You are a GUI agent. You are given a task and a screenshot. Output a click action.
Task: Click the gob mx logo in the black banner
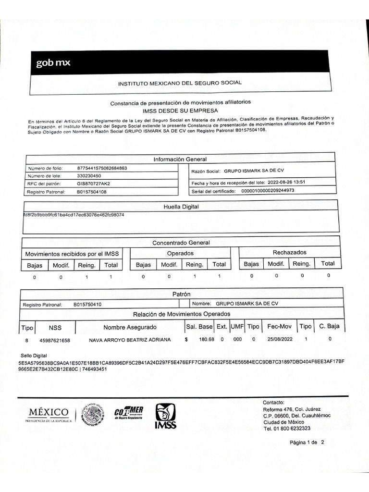pyautogui.click(x=53, y=63)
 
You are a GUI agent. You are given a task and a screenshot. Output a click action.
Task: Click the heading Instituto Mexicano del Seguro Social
pyautogui.click(x=180, y=83)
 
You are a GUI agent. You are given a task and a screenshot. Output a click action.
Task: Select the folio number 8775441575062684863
pyautogui.click(x=102, y=168)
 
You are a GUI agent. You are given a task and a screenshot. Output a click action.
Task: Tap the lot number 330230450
pyautogui.click(x=89, y=176)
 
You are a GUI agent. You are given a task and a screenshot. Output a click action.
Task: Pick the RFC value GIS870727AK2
pyautogui.click(x=93, y=184)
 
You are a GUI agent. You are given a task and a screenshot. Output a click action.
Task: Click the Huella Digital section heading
pyautogui.click(x=181, y=207)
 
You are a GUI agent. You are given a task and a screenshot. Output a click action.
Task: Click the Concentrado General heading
pyautogui.click(x=181, y=243)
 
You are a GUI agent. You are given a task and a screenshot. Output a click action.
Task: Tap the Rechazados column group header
pyautogui.click(x=289, y=252)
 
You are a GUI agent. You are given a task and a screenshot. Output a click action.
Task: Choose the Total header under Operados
pyautogui.click(x=219, y=264)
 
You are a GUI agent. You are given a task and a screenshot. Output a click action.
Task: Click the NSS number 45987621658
pyautogui.click(x=55, y=340)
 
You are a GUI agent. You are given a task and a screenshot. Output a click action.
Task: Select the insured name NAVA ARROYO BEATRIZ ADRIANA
pyautogui.click(x=130, y=340)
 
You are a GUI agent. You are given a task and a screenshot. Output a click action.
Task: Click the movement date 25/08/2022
pyautogui.click(x=280, y=340)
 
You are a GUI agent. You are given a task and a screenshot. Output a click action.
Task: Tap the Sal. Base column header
pyautogui.click(x=199, y=327)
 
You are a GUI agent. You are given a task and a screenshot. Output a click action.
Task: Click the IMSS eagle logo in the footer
pyautogui.click(x=165, y=415)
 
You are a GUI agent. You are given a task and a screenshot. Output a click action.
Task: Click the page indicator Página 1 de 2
pyautogui.click(x=307, y=443)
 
